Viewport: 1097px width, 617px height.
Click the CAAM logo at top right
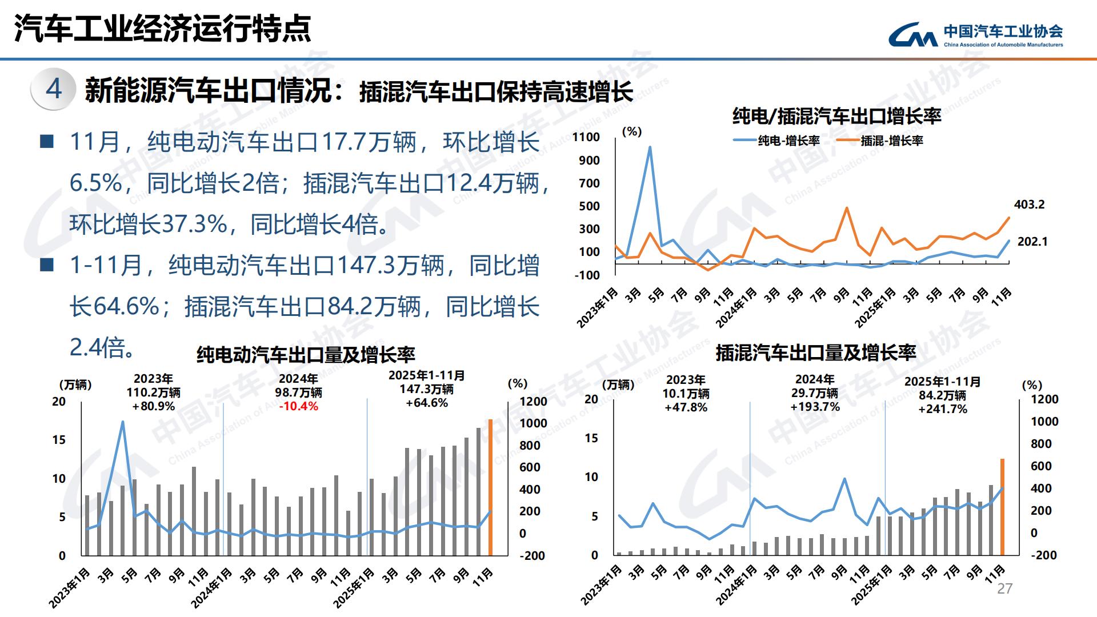(975, 34)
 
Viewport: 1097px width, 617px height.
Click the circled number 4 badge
(54, 89)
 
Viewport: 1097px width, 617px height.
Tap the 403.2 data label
(1029, 205)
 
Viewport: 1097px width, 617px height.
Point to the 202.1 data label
(1032, 242)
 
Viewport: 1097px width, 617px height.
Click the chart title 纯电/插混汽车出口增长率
(836, 117)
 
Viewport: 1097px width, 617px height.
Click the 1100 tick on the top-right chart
(586, 137)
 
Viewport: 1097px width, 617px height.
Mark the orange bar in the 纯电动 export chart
(490, 487)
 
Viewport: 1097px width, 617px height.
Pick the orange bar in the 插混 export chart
(1002, 506)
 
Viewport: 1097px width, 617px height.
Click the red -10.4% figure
(298, 406)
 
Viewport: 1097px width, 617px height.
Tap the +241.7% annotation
(943, 409)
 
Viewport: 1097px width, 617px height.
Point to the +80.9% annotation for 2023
(153, 406)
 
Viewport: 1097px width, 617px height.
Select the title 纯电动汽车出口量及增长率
(306, 355)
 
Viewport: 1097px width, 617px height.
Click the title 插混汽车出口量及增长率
(815, 353)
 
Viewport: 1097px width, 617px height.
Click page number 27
(1004, 589)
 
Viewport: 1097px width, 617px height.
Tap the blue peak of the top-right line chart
(650, 147)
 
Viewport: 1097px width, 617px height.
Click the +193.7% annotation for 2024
(815, 407)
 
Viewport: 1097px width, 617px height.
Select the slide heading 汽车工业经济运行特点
(163, 29)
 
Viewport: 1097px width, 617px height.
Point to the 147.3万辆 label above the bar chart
(426, 389)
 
